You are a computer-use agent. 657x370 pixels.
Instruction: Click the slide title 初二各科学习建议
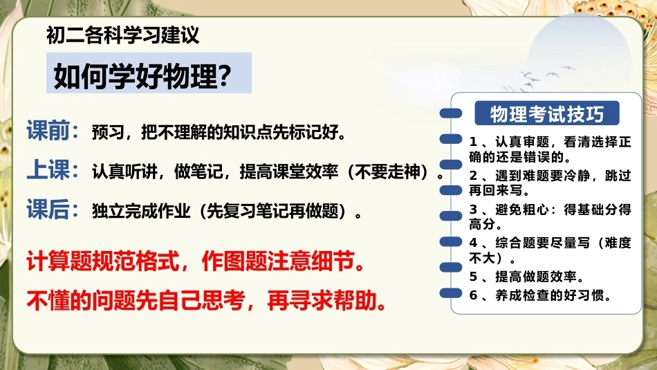(x=122, y=35)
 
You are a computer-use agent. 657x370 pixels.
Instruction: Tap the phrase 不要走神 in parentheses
(x=387, y=172)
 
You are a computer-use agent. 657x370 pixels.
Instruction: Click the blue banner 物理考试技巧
(x=547, y=113)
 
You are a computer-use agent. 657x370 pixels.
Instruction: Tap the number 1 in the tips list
(x=473, y=142)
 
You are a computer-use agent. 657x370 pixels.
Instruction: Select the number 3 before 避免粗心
(x=473, y=209)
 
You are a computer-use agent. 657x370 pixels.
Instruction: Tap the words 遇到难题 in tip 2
(x=522, y=175)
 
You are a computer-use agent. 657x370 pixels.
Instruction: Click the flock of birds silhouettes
(x=541, y=78)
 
